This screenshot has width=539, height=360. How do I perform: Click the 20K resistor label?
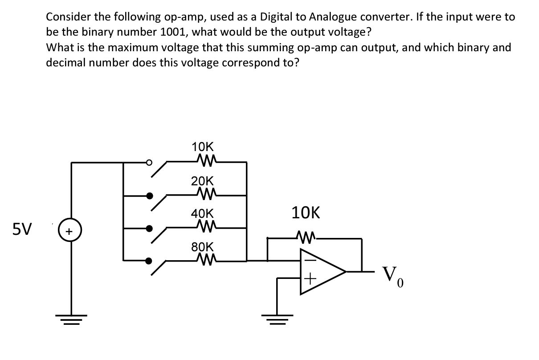202,181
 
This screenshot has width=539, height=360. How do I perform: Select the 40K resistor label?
202,214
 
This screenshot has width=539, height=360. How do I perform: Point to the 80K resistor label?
202,247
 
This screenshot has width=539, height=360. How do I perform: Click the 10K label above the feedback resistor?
306,213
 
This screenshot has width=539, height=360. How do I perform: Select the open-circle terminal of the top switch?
150,162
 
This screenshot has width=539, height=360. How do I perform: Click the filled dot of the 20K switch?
150,195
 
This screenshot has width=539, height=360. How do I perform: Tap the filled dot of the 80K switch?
150,261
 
